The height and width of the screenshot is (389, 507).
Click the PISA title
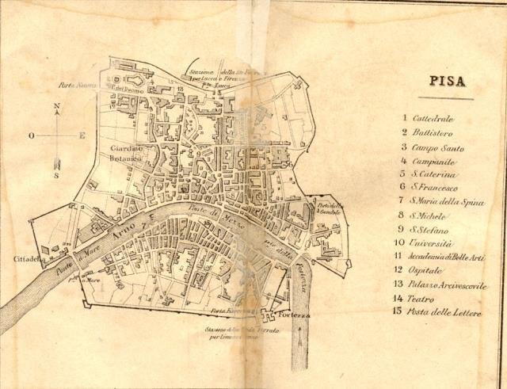tap(447, 81)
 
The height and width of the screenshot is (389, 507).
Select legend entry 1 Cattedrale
tap(437, 118)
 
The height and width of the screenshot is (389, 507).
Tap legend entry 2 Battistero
tap(435, 132)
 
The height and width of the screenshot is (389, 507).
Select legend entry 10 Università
tap(433, 243)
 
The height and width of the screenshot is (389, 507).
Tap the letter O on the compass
tap(32, 135)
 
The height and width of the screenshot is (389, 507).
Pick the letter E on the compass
tap(82, 135)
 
